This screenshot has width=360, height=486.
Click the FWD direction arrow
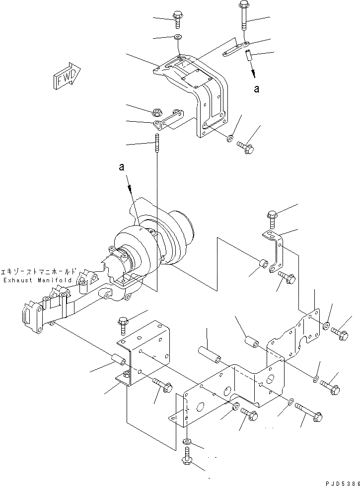pos(65,76)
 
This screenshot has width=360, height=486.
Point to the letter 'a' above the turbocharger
pos(122,168)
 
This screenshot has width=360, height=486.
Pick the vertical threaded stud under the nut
pos(157,141)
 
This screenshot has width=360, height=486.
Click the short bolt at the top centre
pos(177,19)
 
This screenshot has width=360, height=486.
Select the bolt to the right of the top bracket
pos(246,147)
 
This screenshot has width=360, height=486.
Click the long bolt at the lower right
pos(309,410)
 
